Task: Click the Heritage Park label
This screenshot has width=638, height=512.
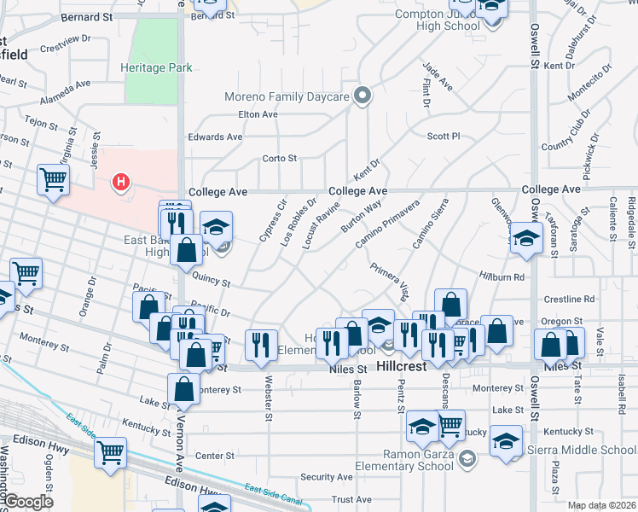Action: [x=156, y=68]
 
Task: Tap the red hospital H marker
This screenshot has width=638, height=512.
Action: [x=122, y=182]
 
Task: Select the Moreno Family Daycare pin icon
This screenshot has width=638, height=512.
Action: [x=364, y=96]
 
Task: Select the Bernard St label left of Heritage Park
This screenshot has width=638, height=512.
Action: [x=86, y=17]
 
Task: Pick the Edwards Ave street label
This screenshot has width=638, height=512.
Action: [x=216, y=137]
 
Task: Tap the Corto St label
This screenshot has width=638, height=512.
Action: [x=279, y=158]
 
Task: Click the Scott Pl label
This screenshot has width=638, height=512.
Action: [x=444, y=136]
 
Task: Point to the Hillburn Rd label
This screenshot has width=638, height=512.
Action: [x=525, y=277]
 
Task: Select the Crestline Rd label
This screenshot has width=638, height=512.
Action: [x=570, y=300]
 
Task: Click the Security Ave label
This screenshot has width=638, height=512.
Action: [x=327, y=477]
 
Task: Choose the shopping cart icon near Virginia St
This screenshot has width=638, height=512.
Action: [x=53, y=180]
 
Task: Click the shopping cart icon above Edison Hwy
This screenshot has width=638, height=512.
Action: [x=110, y=452]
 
